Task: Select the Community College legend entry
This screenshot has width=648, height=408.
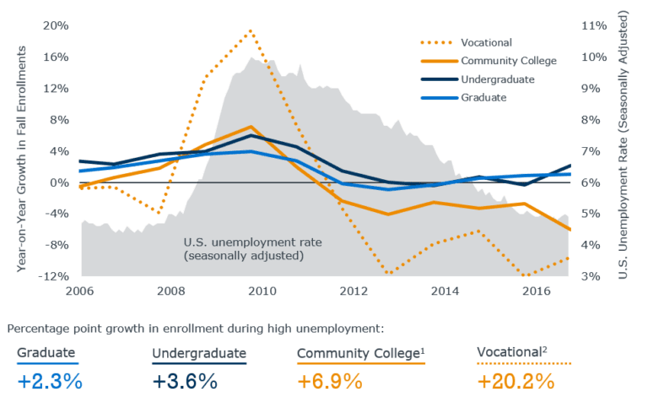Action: coord(508,61)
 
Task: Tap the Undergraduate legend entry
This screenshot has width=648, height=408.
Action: coord(498,79)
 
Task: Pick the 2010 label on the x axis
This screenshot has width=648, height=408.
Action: coord(262,291)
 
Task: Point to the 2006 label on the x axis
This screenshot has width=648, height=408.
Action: coord(81,291)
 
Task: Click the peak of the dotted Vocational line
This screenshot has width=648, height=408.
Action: coord(251,30)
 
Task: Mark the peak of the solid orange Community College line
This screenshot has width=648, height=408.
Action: coord(251,127)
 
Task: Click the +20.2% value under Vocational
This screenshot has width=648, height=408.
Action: coord(516,381)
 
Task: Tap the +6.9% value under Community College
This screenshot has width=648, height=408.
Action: coord(329,381)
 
